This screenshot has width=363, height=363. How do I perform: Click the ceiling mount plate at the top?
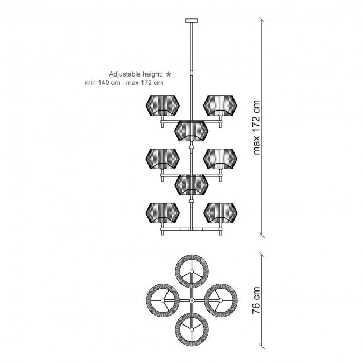point(192,21)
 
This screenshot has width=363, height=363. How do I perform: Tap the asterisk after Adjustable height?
point(169,74)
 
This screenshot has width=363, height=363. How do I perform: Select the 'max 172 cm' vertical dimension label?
point(256,127)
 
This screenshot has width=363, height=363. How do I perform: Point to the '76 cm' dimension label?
point(256,300)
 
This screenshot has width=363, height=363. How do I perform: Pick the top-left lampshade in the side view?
point(163,106)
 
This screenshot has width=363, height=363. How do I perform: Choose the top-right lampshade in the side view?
point(220,106)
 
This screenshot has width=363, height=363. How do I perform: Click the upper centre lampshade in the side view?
point(191,131)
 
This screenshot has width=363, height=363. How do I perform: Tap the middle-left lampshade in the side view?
point(163,159)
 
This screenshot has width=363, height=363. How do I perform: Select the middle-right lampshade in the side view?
point(220,159)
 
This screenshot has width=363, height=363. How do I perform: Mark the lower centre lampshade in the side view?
point(191,185)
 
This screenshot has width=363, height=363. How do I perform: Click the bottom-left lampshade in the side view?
point(163,213)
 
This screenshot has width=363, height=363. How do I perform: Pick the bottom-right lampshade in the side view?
point(220,213)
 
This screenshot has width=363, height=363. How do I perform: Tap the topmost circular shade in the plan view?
point(192,271)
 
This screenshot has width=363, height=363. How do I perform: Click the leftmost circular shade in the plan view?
point(163,300)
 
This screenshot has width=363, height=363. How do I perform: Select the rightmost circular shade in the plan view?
point(221,300)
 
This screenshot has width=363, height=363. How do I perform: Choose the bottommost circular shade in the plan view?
point(192,329)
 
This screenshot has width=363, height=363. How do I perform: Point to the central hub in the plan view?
point(192,300)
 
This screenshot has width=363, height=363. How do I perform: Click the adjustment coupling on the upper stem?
point(192,73)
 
